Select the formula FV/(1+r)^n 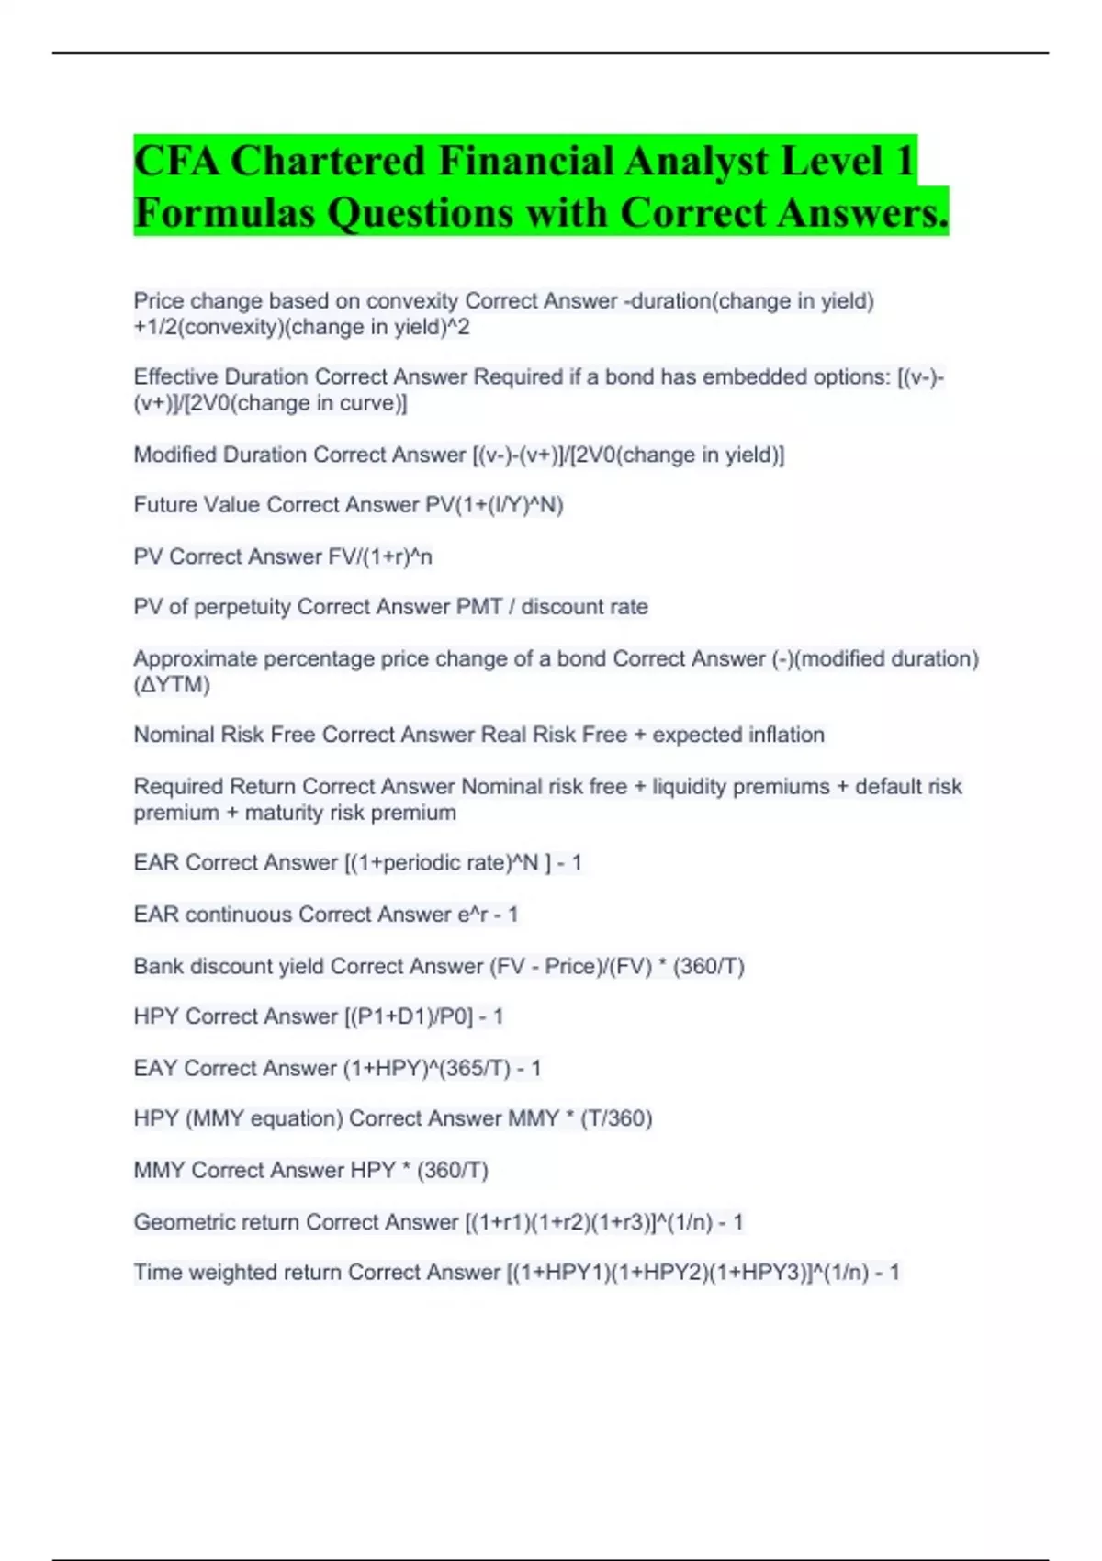pos(380,556)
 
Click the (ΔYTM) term pos(172,685)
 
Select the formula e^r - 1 pos(488,915)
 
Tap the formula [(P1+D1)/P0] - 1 pos(423,1016)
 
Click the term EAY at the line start pos(155,1068)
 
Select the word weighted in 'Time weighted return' pos(233,1273)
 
